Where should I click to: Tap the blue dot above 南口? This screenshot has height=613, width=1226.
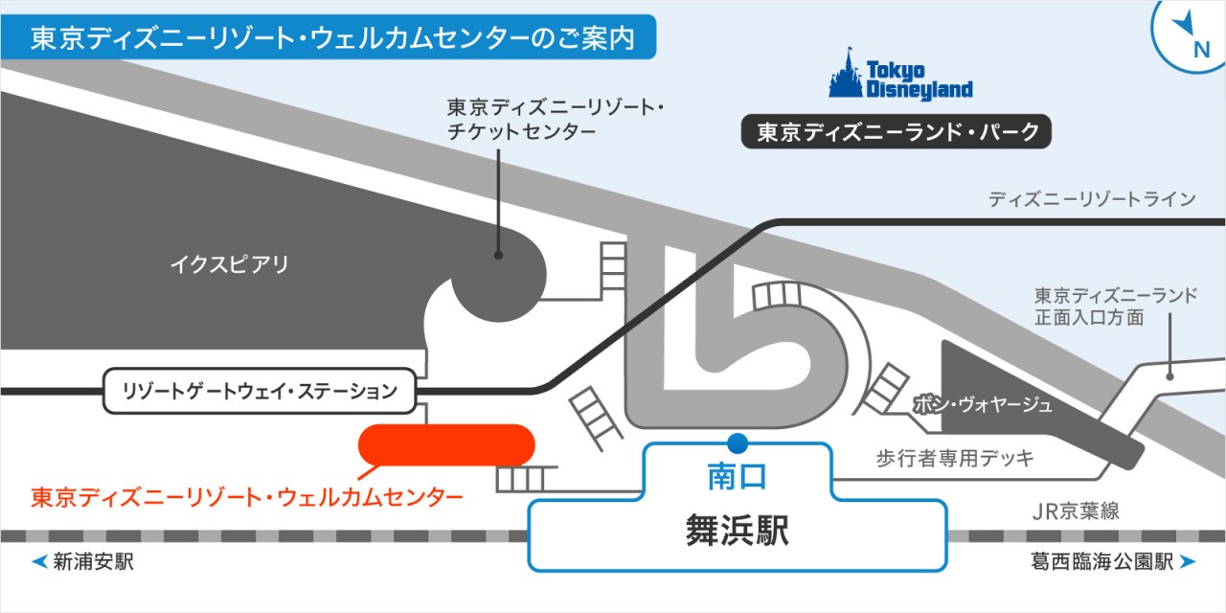tap(737, 443)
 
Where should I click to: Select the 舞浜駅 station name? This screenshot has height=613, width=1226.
tap(738, 530)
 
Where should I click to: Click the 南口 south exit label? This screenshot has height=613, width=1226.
tap(737, 474)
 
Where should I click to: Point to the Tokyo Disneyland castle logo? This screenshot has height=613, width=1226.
tap(849, 74)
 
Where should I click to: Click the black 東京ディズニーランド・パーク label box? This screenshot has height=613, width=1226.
tap(897, 132)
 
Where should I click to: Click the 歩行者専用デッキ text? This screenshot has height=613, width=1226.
tap(955, 459)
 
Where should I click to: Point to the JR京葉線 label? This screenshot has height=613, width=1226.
tap(1076, 511)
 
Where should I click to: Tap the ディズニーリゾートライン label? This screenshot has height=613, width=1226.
tap(1092, 199)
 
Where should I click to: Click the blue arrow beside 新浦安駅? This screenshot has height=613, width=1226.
tap(39, 562)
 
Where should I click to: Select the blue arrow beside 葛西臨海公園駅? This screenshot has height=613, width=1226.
tap(1187, 562)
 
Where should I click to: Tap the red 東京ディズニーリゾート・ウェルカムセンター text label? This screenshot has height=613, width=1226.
tap(247, 497)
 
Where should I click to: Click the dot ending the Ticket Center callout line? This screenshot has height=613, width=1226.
tap(498, 256)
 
